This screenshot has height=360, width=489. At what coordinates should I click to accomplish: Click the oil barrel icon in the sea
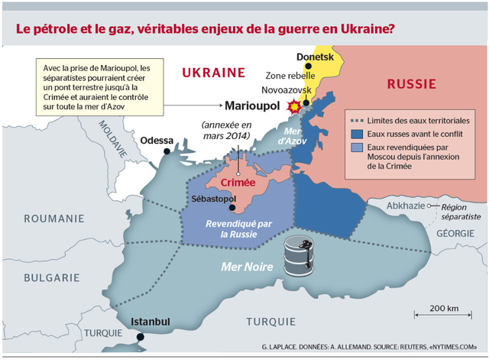(300, 256)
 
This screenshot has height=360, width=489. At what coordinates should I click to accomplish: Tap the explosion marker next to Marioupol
(291, 106)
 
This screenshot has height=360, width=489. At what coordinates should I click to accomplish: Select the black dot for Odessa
(166, 153)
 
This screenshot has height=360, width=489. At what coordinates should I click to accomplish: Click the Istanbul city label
(151, 321)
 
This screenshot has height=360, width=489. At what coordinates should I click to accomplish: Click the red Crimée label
(237, 183)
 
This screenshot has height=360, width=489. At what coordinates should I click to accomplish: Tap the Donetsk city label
(317, 57)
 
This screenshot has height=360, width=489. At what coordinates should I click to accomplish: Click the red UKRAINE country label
(213, 73)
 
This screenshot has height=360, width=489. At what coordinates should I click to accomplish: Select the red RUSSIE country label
(412, 83)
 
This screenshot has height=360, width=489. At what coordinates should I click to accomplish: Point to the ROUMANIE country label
(53, 219)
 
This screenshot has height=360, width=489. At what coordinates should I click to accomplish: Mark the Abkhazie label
(406, 206)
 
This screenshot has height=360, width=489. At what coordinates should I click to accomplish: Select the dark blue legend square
(355, 134)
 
